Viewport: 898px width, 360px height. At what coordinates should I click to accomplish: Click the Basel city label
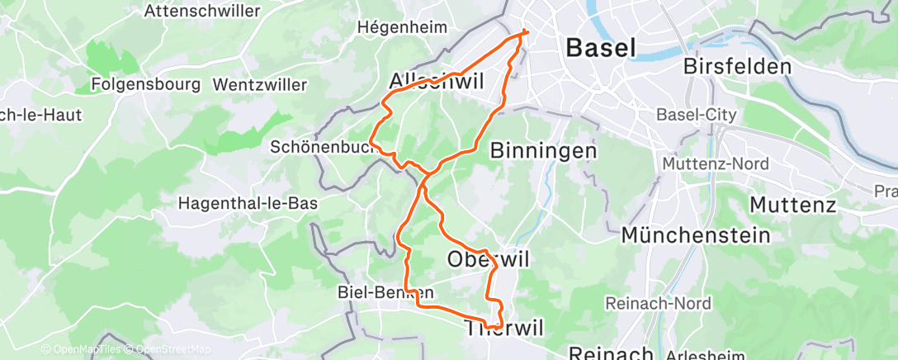point(601,48)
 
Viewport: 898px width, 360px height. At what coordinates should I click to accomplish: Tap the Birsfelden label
point(738,67)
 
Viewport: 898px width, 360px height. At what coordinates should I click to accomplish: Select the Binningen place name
point(543,150)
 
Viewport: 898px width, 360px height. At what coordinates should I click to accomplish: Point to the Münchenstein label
point(695,235)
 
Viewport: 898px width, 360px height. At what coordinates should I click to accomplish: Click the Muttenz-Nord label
point(716,164)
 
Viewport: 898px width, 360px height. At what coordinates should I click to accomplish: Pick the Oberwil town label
point(488,259)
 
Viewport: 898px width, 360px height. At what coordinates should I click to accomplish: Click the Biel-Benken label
point(386,292)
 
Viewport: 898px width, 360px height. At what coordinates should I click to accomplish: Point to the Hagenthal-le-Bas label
point(248,202)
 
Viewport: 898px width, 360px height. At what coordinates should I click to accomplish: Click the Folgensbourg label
point(146,84)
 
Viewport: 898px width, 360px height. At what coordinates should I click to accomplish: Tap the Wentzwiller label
point(259,84)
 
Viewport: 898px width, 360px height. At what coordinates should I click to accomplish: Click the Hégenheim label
point(401,26)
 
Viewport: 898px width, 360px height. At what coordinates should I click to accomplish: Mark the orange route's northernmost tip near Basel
point(526,32)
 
